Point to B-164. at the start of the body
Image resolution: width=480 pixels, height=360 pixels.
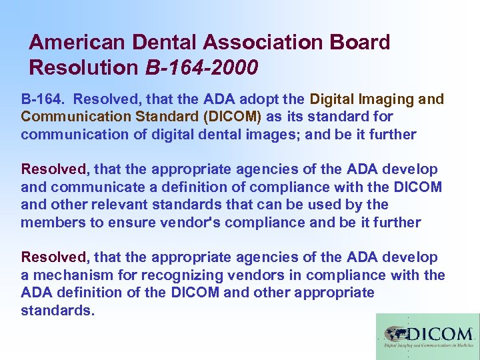[x=43, y=99]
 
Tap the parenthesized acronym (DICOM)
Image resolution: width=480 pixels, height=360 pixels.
[x=235, y=117]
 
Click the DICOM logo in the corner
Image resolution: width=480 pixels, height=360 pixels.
[x=427, y=337]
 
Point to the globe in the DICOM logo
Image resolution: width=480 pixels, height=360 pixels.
[x=394, y=333]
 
